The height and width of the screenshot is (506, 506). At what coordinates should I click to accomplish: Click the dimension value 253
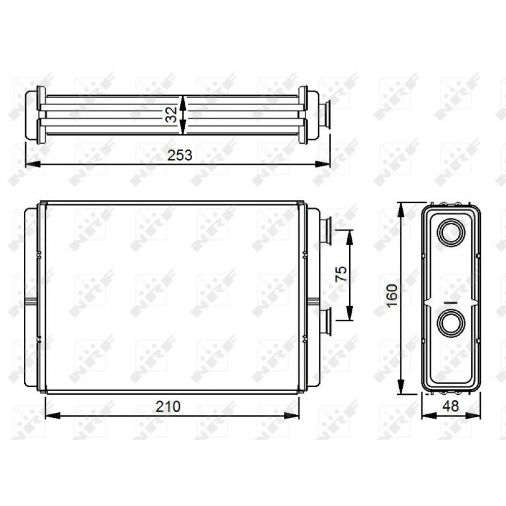180,155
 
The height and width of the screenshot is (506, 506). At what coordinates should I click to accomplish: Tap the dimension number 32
172,114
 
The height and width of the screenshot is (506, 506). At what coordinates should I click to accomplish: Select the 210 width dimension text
168,407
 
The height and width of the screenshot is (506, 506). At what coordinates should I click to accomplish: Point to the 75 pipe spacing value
342,273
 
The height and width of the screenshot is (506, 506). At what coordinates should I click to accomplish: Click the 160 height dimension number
392,296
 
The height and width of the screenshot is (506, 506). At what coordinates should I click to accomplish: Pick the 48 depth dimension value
450,406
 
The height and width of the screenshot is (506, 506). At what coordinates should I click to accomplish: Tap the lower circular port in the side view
451,324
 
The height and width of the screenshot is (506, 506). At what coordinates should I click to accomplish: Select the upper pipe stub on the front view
325,231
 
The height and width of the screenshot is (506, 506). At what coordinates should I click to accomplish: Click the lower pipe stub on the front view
325,322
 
